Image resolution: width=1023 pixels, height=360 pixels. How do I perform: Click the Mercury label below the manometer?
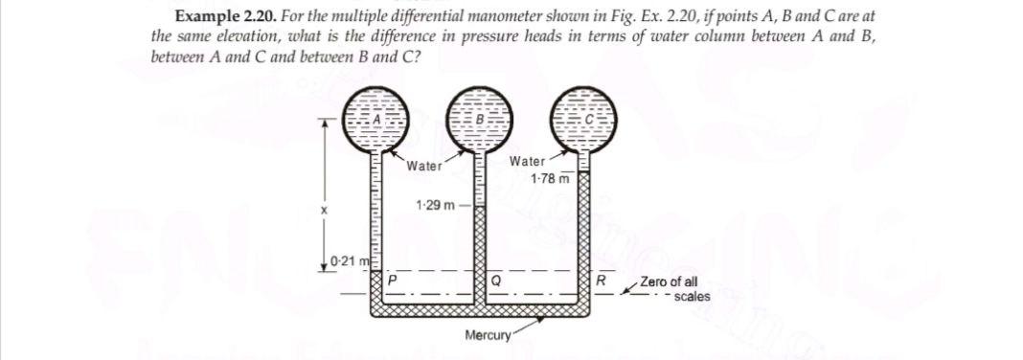486,335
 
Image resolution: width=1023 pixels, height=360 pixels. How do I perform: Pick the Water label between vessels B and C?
528,162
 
